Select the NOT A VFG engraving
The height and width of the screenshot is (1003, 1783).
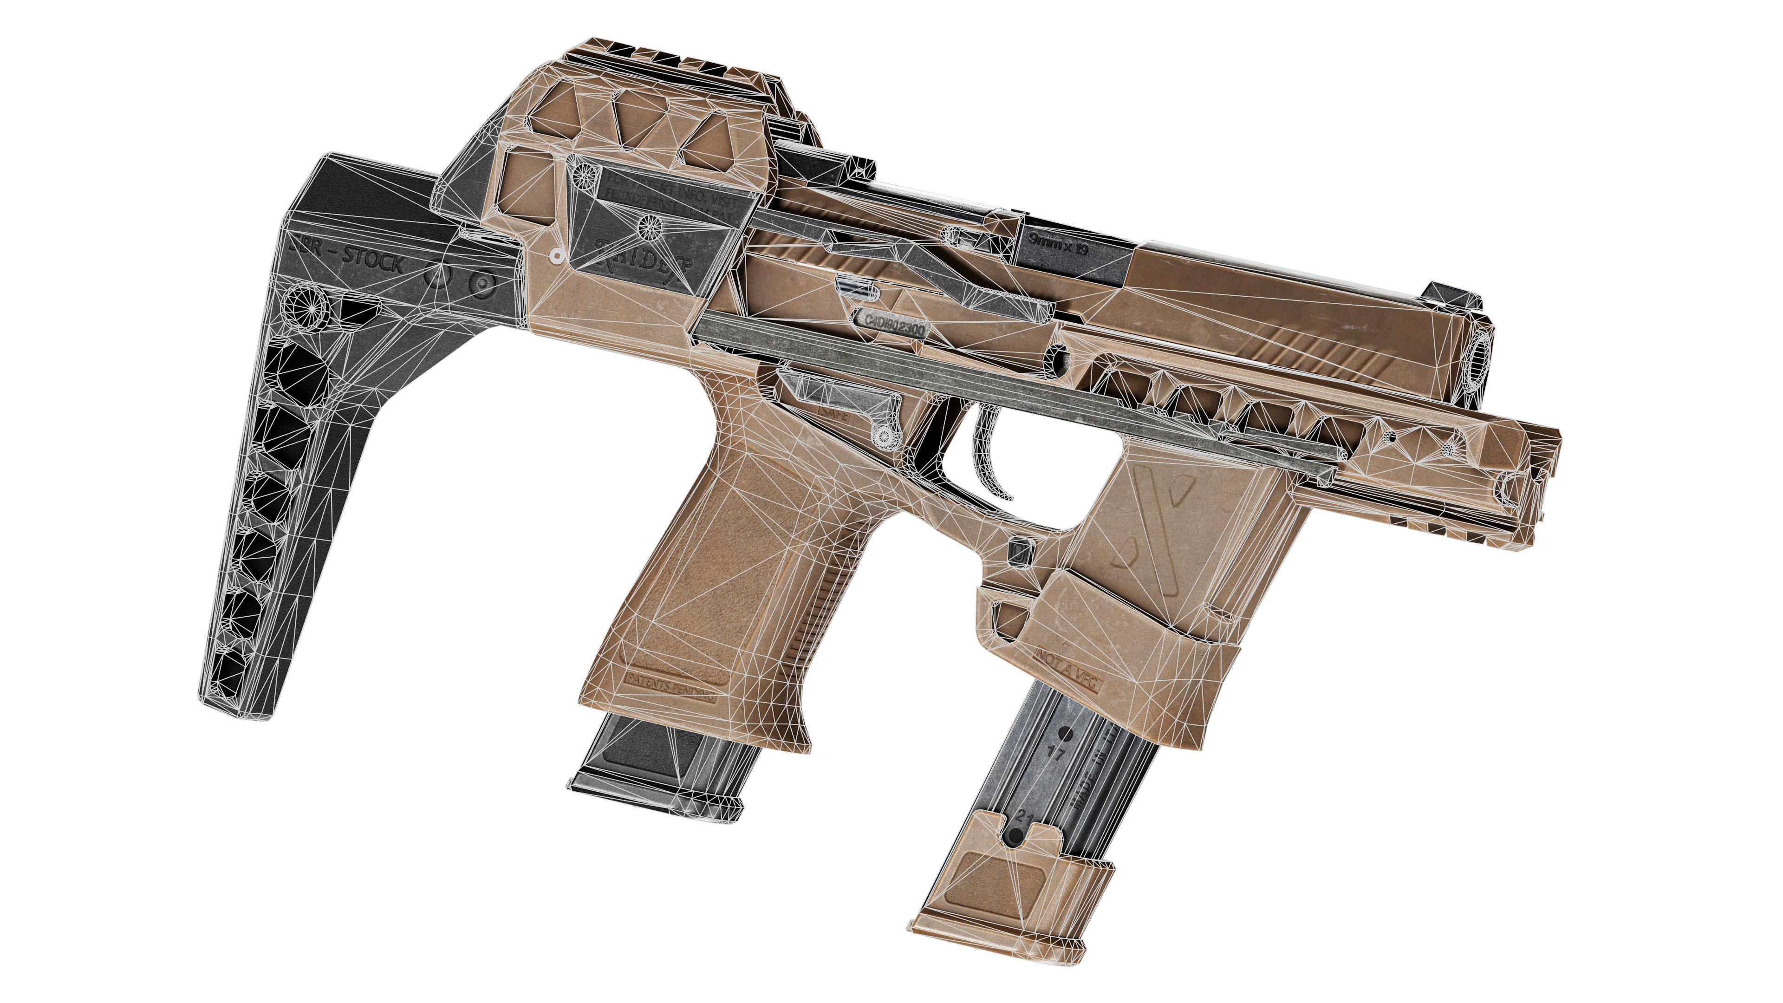point(1067,664)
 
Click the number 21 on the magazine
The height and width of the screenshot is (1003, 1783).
point(1026,819)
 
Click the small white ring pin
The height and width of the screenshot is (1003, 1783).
point(554,256)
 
